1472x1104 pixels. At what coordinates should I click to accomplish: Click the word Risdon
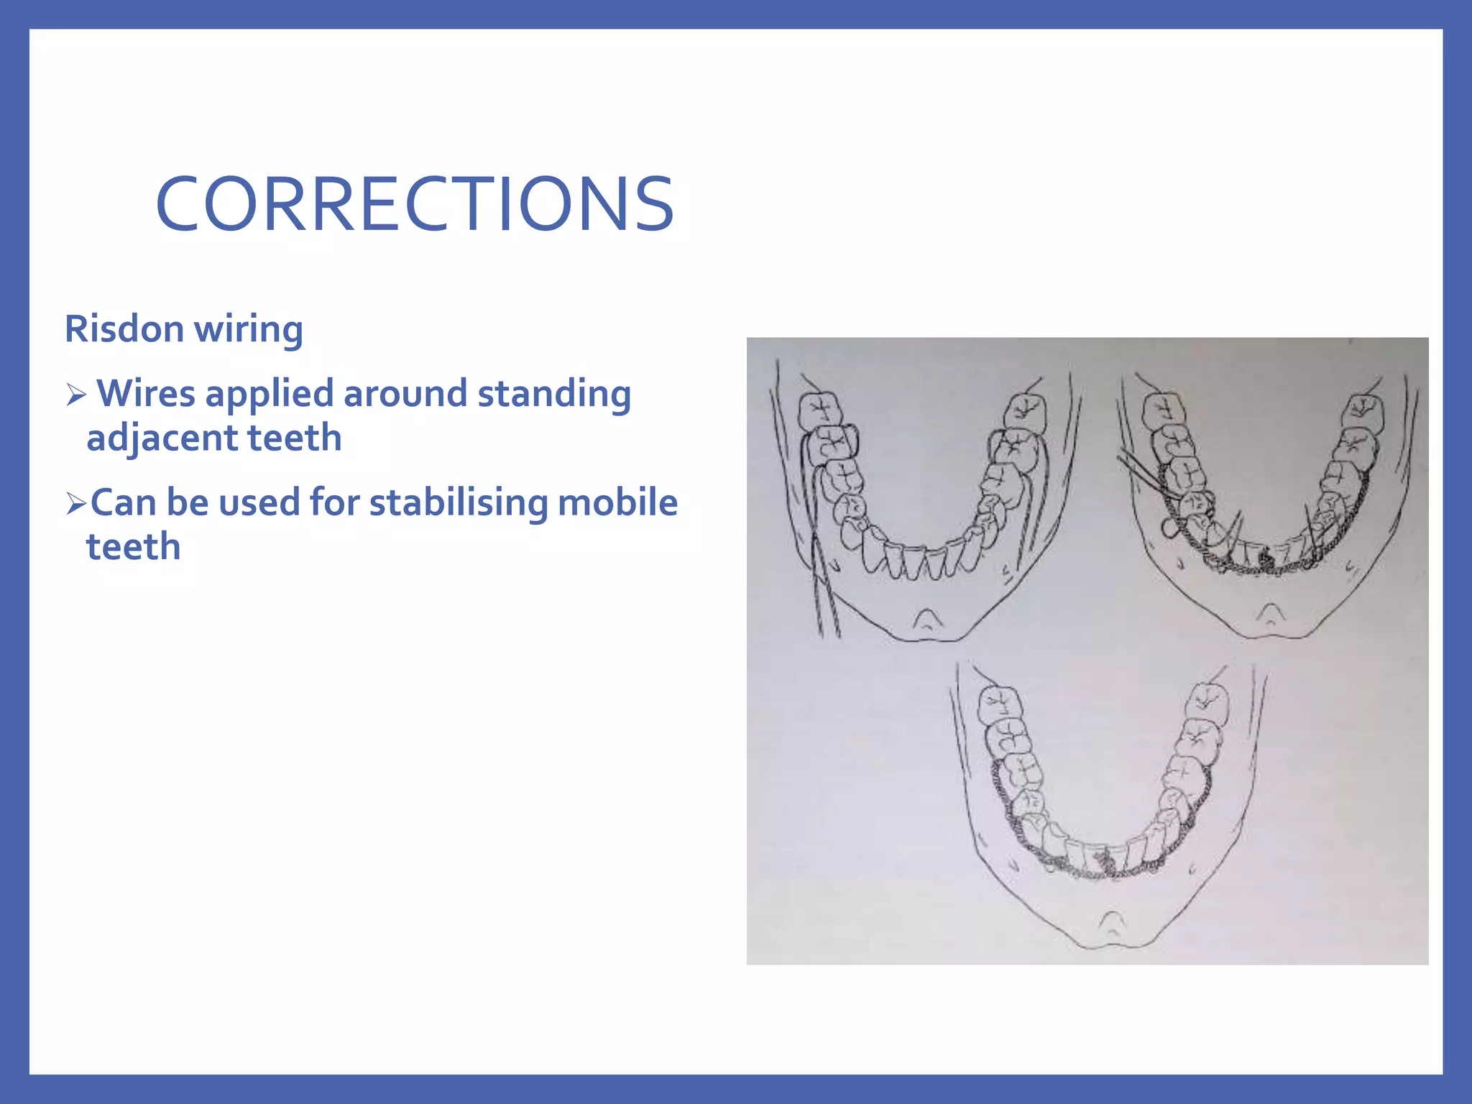click(x=124, y=329)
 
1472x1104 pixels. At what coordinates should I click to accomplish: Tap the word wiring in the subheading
click(x=248, y=329)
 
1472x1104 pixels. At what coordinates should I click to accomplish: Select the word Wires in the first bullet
click(x=145, y=394)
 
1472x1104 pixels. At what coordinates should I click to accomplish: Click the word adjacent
click(x=162, y=438)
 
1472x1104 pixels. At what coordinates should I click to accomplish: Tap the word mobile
click(x=617, y=502)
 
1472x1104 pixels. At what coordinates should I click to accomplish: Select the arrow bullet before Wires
click(x=75, y=395)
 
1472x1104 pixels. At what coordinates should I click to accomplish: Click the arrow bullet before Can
click(x=75, y=503)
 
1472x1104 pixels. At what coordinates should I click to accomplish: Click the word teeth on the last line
click(x=133, y=547)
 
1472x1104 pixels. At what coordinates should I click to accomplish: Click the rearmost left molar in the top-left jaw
click(x=821, y=410)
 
